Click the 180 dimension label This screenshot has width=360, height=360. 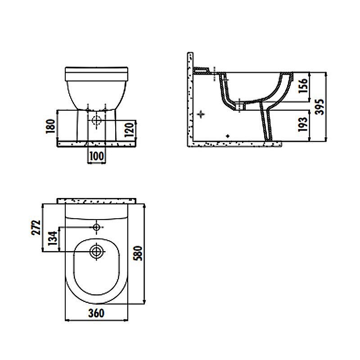50,126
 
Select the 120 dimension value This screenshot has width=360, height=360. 129,130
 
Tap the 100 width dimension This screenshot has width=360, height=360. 97,156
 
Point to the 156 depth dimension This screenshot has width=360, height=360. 302,85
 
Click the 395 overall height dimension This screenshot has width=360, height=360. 319,107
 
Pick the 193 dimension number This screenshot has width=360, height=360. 302,124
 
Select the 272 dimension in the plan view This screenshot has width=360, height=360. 36,228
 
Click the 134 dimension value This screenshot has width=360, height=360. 53,238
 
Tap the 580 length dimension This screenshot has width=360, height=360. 138,253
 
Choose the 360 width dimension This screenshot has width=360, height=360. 96,313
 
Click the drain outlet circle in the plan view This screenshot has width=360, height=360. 96,252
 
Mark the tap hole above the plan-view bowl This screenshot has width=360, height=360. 96,227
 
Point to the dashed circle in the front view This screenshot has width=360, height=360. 96,120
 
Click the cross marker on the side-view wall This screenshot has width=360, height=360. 201,114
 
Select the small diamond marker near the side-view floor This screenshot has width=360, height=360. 228,136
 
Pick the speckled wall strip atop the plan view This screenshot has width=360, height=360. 97,201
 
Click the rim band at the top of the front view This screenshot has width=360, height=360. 96,74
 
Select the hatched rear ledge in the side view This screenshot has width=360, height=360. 202,71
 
